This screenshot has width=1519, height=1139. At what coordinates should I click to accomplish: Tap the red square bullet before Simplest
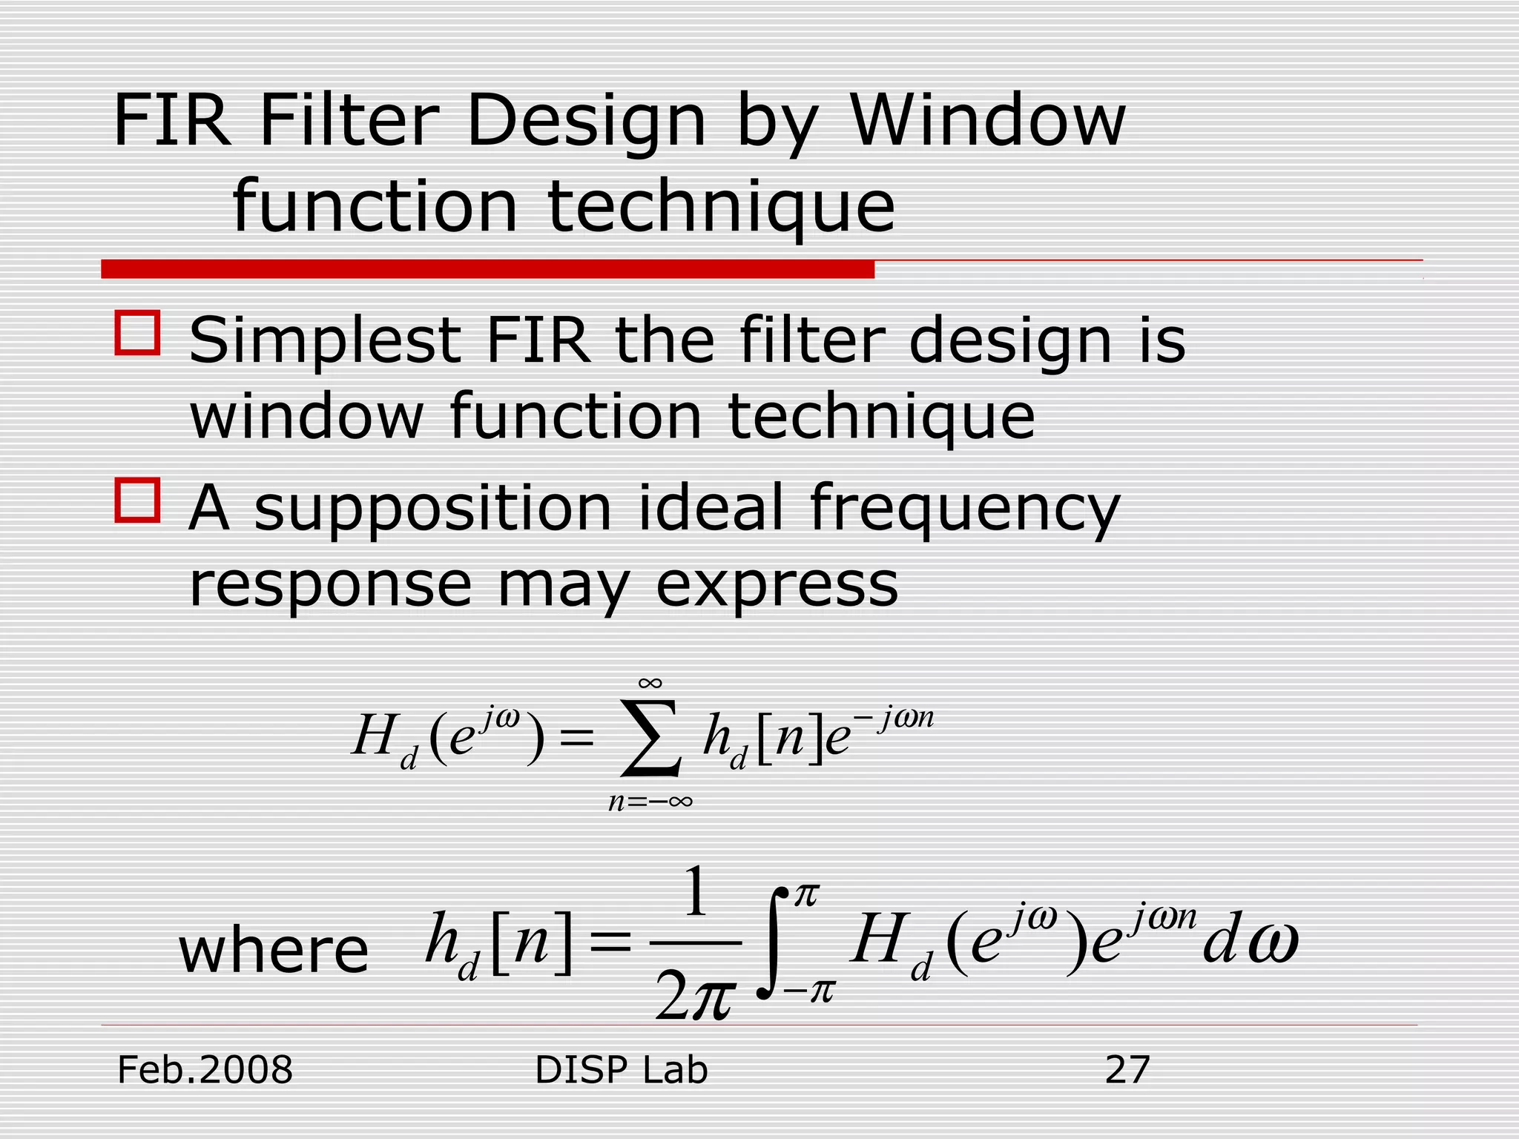point(137,333)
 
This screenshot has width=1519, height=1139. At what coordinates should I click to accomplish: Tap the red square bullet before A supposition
point(137,501)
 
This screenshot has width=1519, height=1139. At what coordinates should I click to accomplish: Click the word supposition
point(433,510)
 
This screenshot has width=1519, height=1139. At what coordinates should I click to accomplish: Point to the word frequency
point(964,510)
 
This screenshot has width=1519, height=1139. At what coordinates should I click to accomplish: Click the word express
point(777,585)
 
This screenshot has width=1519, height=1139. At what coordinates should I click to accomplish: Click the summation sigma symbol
point(650,739)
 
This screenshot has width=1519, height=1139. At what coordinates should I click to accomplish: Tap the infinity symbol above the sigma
point(650,683)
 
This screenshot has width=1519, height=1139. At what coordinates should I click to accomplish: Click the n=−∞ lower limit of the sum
point(650,802)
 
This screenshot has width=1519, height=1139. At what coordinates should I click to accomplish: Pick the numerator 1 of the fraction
point(695,894)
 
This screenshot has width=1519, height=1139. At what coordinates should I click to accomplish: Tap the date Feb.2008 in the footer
point(205,1070)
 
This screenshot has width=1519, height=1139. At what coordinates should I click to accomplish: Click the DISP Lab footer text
point(621,1070)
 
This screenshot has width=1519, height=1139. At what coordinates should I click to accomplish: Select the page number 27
point(1127,1070)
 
